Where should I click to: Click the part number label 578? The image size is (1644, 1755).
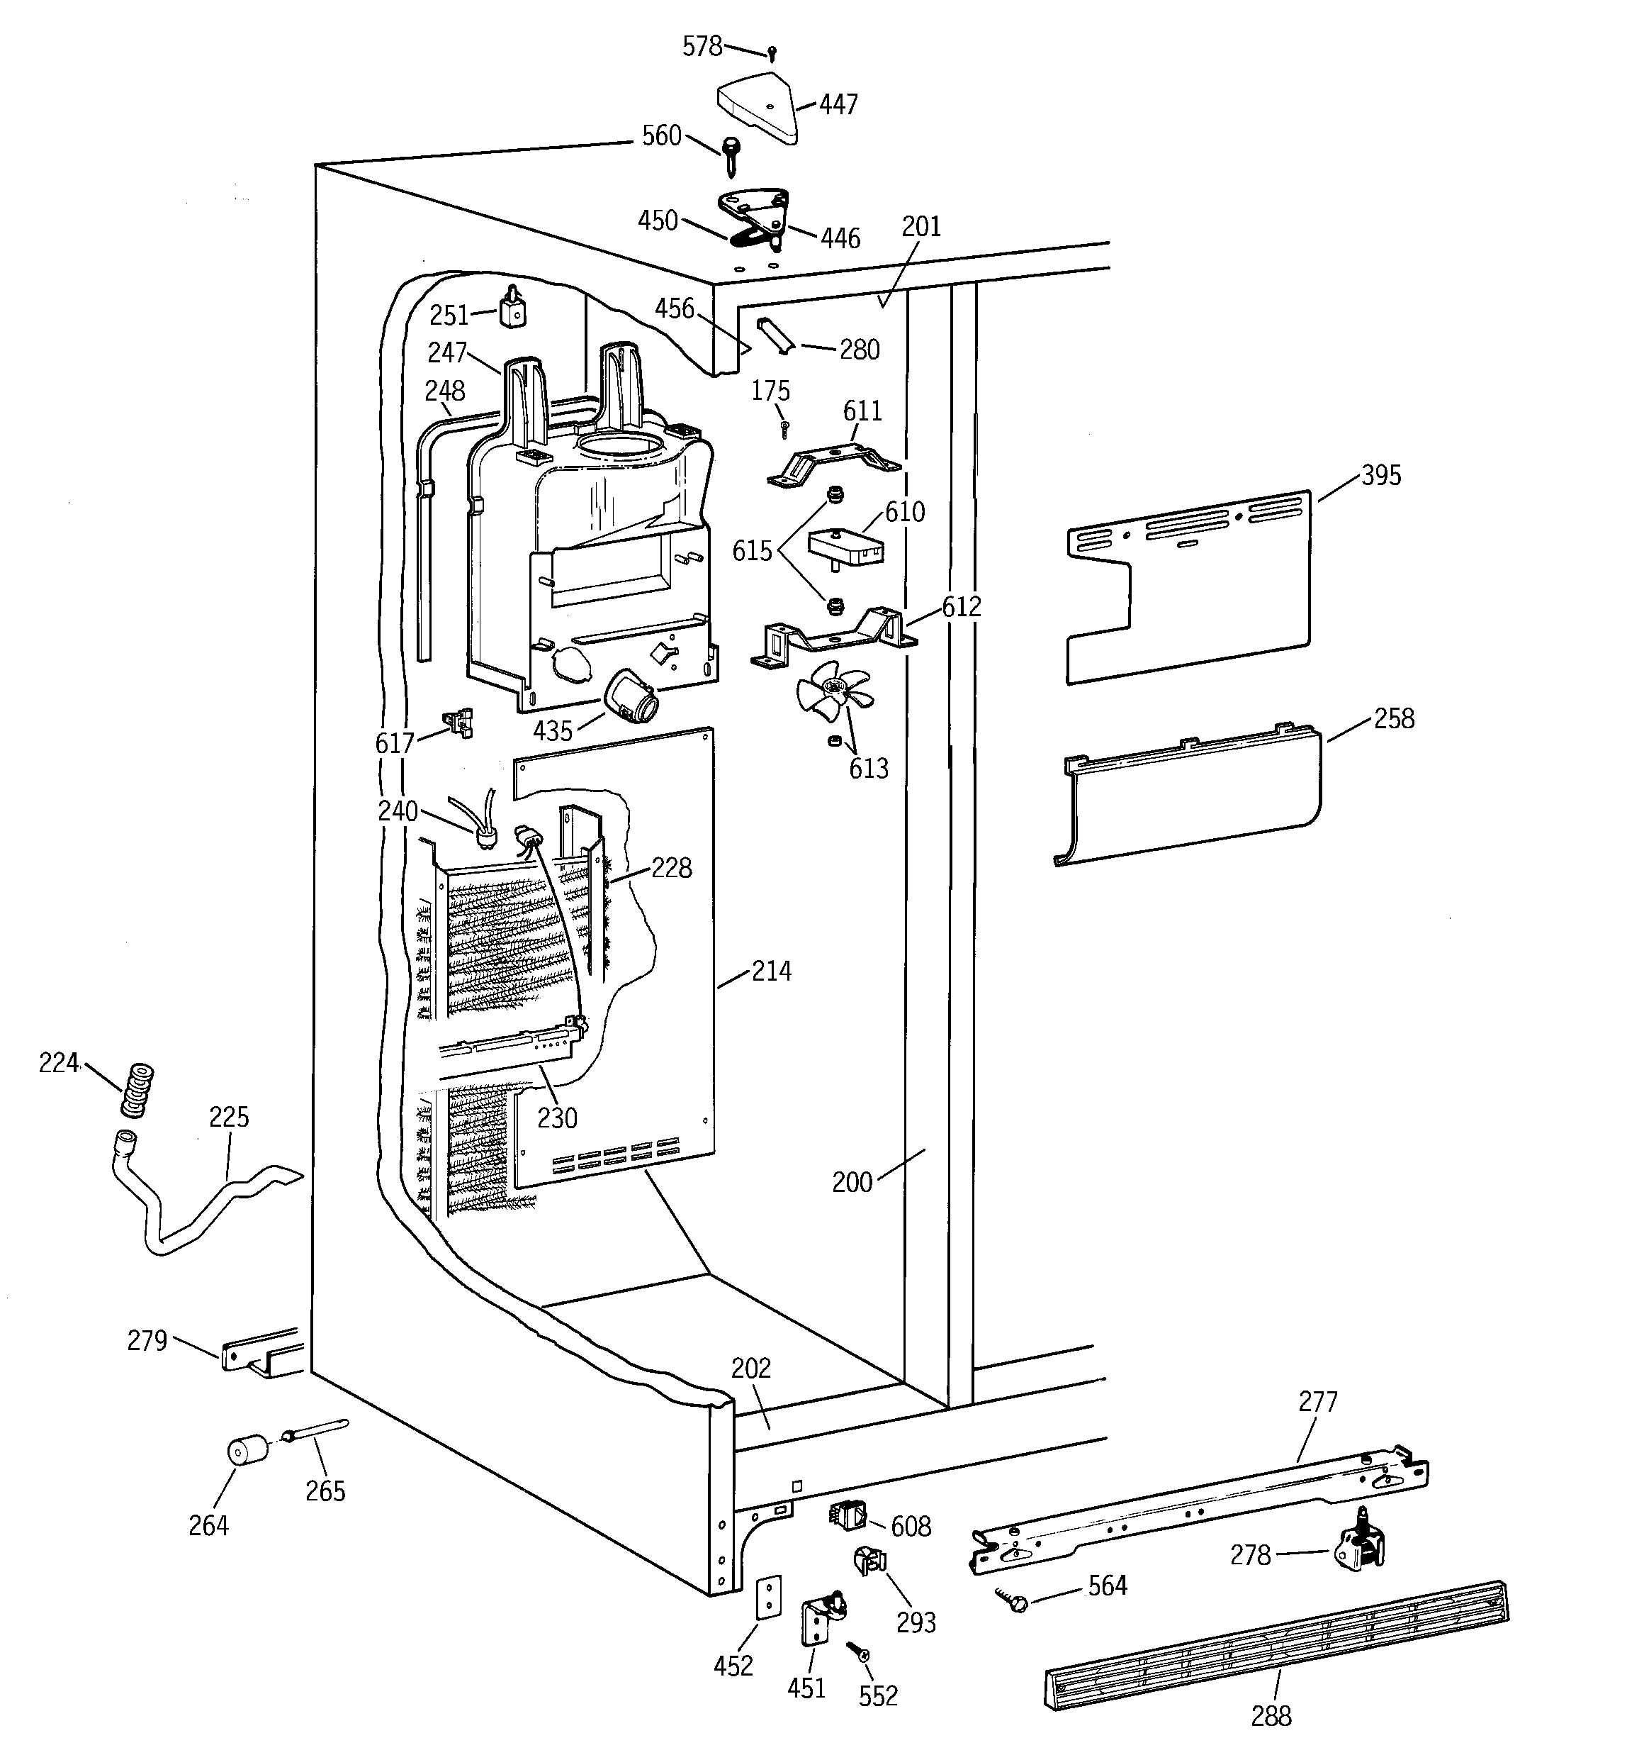[702, 46]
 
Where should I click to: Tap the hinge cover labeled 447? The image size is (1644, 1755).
[758, 112]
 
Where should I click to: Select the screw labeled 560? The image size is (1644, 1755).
[731, 155]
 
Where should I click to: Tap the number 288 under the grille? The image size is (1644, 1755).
[1271, 1715]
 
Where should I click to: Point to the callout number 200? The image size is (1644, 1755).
[852, 1182]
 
